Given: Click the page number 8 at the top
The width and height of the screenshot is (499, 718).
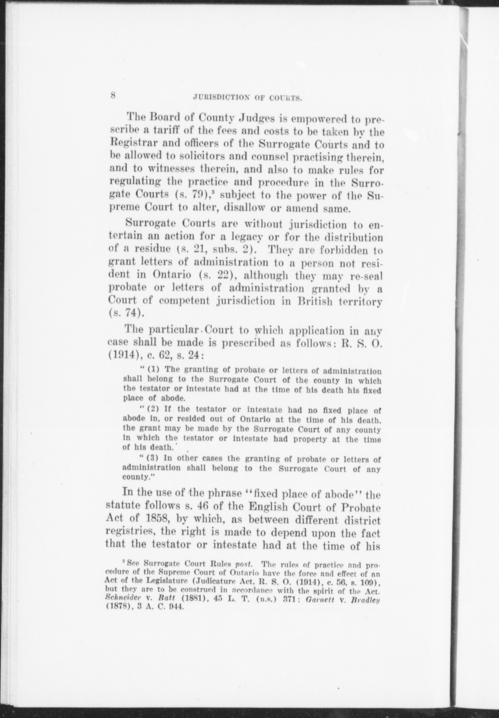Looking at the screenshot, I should tap(113, 95).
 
